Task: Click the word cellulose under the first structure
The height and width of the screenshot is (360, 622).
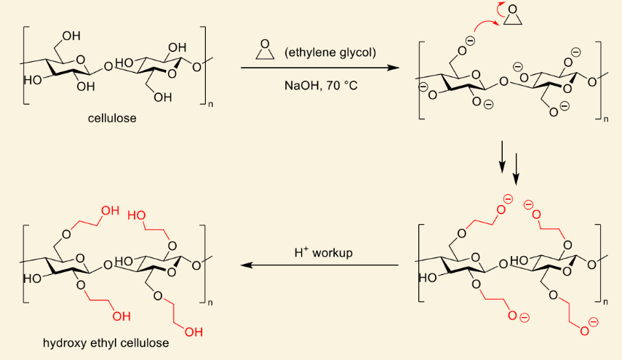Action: click(112, 118)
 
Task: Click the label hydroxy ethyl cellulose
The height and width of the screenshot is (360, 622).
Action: click(106, 343)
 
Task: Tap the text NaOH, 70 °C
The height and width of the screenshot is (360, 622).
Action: click(321, 86)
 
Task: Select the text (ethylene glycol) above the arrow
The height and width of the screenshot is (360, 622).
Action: click(330, 52)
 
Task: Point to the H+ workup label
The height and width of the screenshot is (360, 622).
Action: click(323, 252)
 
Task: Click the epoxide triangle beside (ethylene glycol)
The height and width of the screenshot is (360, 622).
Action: click(265, 50)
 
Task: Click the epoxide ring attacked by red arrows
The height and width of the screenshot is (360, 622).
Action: click(513, 16)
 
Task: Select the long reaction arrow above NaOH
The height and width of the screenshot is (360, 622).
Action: click(320, 68)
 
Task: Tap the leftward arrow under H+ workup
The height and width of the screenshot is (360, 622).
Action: click(319, 265)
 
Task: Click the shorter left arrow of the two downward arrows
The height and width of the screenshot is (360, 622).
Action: click(502, 156)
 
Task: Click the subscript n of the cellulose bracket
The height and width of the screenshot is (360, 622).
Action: click(210, 105)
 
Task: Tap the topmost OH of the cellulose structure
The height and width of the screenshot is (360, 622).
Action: click(71, 36)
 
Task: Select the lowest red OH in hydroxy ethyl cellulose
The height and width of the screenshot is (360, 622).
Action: click(194, 332)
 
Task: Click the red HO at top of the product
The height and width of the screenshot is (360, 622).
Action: click(137, 215)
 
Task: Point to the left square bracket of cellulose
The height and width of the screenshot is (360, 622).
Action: click(25, 65)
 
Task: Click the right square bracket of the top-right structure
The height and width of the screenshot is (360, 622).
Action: click(599, 81)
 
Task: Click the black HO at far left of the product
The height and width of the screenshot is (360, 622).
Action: click(33, 279)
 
